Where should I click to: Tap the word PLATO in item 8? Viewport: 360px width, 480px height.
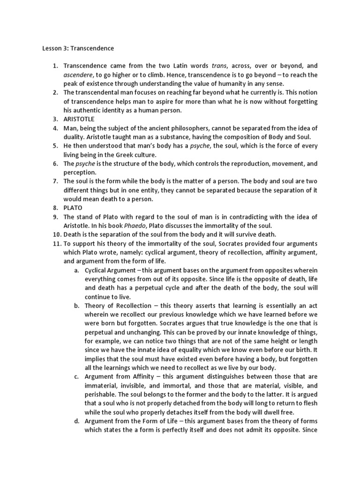pyautogui.click(x=73, y=207)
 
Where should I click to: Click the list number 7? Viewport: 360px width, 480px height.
pyautogui.click(x=55, y=180)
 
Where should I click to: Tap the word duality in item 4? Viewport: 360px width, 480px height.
pyautogui.click(x=75, y=136)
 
